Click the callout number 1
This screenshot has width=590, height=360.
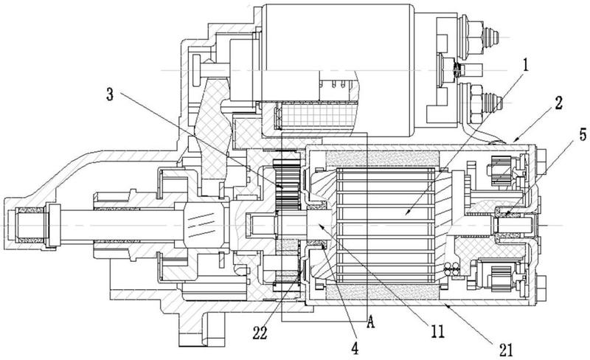[x=525, y=65]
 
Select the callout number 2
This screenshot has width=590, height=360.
[x=559, y=103]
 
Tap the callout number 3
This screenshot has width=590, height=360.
[x=109, y=94]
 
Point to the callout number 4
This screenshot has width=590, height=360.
[x=355, y=347]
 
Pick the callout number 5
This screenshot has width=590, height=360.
[x=583, y=134]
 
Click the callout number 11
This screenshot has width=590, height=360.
[x=437, y=330]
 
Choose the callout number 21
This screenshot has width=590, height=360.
[x=506, y=350]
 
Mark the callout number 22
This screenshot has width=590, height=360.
[x=260, y=332]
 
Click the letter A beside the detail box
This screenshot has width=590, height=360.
[x=371, y=322]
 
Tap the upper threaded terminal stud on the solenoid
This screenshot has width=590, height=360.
[x=491, y=37]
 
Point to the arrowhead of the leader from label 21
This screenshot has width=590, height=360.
[x=447, y=305]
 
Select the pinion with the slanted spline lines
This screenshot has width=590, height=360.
[x=204, y=225]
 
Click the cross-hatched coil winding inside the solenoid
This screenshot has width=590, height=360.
[x=316, y=116]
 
